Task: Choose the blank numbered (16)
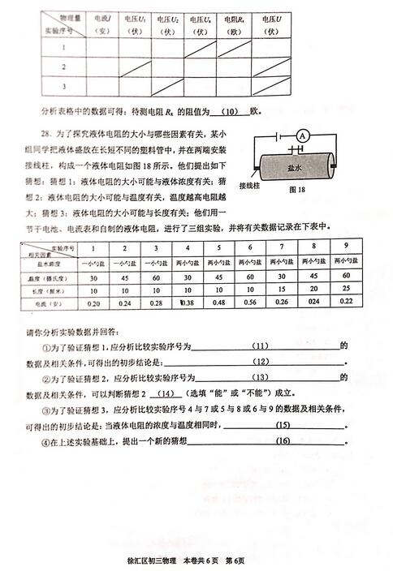[x=283, y=441]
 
